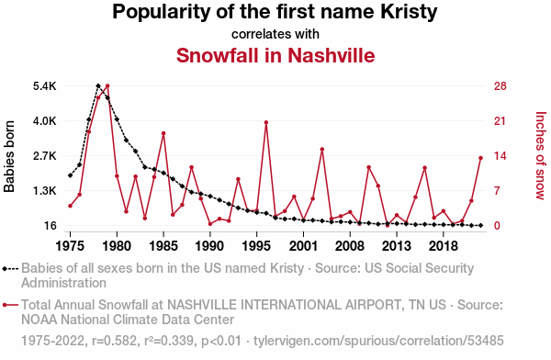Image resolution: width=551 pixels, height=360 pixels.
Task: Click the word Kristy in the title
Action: click(x=409, y=12)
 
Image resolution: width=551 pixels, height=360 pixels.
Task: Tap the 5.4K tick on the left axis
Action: click(x=45, y=86)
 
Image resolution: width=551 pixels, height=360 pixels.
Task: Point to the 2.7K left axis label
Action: click(x=45, y=156)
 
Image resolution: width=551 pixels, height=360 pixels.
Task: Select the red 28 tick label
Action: click(x=500, y=86)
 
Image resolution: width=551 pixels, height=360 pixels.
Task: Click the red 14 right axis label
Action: click(x=500, y=156)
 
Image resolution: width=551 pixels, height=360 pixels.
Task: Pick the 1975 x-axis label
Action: click(x=71, y=246)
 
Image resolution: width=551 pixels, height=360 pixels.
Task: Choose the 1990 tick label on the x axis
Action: click(x=209, y=246)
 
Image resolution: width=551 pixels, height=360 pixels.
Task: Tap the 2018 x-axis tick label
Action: click(x=444, y=246)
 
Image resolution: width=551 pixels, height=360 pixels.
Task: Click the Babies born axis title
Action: click(x=9, y=156)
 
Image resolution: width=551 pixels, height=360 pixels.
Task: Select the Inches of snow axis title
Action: click(x=541, y=155)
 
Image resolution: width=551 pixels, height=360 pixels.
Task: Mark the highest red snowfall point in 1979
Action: click(x=107, y=85)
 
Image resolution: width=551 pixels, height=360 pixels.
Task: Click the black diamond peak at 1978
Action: click(x=98, y=85)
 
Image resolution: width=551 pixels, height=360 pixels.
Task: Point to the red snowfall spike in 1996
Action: click(x=266, y=122)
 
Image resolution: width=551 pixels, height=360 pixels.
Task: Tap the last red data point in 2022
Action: click(x=480, y=158)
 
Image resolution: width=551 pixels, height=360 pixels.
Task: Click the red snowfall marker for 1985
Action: click(x=163, y=133)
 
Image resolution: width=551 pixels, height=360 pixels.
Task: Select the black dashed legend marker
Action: click(x=10, y=269)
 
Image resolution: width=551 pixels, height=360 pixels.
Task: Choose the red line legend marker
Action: click(x=10, y=305)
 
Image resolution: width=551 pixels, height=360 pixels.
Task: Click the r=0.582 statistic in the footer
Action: click(x=114, y=341)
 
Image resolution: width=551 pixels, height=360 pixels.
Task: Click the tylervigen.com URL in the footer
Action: click(x=378, y=341)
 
